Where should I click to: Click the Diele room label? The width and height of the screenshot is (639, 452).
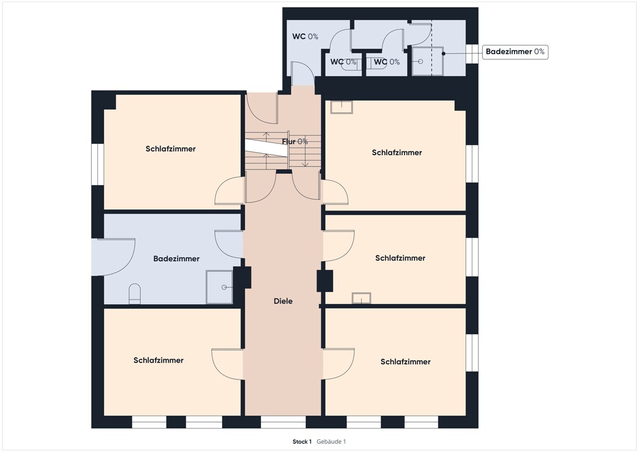click(283, 301)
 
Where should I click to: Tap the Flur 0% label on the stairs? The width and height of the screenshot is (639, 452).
click(294, 141)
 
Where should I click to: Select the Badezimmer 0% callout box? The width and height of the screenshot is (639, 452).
click(515, 52)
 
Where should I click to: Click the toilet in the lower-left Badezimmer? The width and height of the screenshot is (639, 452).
click(135, 294)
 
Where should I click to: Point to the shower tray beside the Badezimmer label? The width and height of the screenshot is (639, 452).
click(219, 287)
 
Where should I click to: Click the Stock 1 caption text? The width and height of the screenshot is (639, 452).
click(302, 441)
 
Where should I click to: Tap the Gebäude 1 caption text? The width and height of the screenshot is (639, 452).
click(331, 441)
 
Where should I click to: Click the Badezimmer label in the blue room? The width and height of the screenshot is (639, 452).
click(176, 259)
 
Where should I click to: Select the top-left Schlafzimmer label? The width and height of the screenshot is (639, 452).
click(170, 149)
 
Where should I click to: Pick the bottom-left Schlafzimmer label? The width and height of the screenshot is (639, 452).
click(158, 360)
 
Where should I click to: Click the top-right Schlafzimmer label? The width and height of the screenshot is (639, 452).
click(397, 152)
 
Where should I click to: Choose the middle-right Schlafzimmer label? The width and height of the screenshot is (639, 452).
click(400, 258)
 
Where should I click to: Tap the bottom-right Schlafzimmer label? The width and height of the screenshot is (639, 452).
click(405, 362)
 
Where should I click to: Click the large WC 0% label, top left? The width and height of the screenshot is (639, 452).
click(305, 37)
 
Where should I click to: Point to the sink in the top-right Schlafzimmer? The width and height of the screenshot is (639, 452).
click(341, 107)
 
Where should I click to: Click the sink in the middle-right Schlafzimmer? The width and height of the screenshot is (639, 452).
click(362, 298)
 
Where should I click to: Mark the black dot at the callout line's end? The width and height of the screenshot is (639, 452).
click(443, 53)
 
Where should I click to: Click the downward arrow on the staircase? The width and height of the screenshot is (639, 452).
click(305, 151)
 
